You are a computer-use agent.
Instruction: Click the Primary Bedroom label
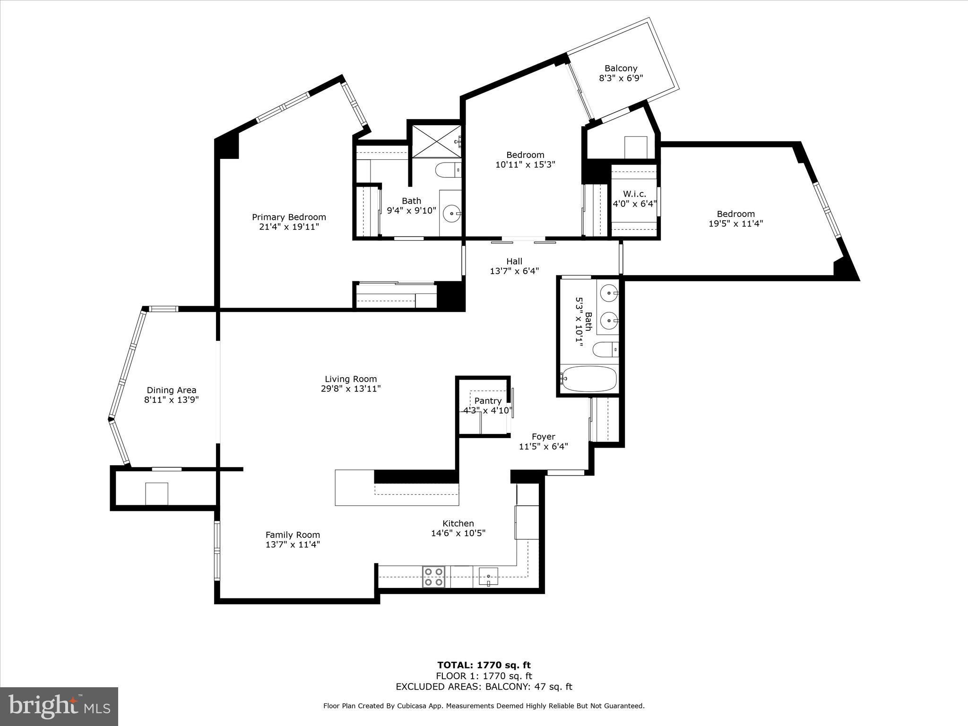[289, 217]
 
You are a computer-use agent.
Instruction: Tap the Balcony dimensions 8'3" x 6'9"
[621, 78]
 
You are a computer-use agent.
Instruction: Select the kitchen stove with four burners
[433, 577]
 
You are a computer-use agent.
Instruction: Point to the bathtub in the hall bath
[588, 379]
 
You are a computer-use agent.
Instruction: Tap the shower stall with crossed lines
[435, 141]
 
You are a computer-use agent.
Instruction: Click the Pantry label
[488, 401]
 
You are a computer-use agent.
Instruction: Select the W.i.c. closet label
[634, 194]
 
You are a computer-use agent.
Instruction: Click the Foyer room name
[543, 437]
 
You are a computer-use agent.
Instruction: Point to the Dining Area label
[171, 390]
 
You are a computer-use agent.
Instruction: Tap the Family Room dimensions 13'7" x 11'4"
[293, 544]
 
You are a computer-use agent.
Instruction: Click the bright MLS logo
[59, 707]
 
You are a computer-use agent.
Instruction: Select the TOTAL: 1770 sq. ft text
[484, 665]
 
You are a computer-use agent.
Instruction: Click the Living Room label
[351, 379]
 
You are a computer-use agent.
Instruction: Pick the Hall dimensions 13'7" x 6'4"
[514, 271]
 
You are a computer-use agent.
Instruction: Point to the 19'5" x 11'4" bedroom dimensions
[735, 224]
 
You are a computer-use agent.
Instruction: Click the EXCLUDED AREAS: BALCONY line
[484, 687]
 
